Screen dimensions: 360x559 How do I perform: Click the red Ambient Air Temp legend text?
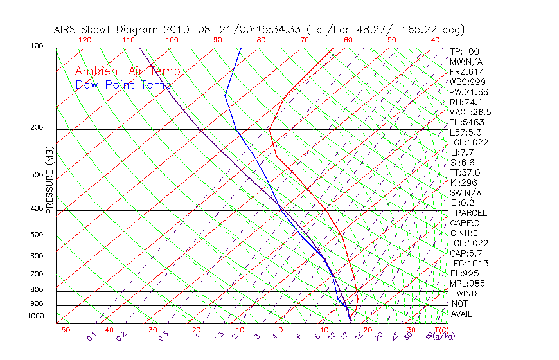pyautogui.click(x=127, y=71)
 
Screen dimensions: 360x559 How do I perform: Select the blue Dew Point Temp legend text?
pyautogui.click(x=123, y=85)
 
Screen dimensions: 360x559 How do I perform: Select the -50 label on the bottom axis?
pyautogui.click(x=62, y=330)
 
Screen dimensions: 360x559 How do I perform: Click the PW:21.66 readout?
pyautogui.click(x=468, y=92)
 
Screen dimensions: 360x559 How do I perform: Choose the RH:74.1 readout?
pyautogui.click(x=466, y=102)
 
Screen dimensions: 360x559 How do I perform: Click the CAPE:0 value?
pyautogui.click(x=465, y=223)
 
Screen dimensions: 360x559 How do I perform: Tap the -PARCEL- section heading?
pyautogui.click(x=471, y=213)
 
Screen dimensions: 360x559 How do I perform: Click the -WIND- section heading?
pyautogui.click(x=466, y=293)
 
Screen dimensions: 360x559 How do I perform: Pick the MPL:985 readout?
pyautogui.click(x=466, y=283)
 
